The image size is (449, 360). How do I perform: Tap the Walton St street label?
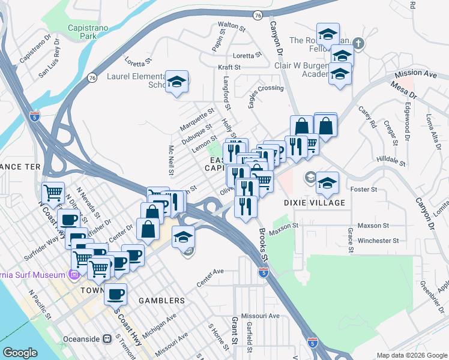click(x=232, y=26)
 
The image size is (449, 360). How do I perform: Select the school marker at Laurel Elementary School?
click(x=177, y=82)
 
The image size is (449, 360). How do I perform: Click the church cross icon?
click(x=358, y=43)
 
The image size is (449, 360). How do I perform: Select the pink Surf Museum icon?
click(x=74, y=275)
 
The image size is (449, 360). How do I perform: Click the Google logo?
click(x=20, y=353)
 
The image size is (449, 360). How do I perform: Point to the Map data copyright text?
click(x=412, y=355)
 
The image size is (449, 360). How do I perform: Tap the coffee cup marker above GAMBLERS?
click(x=115, y=294)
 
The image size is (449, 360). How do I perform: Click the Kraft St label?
click(x=229, y=67)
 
